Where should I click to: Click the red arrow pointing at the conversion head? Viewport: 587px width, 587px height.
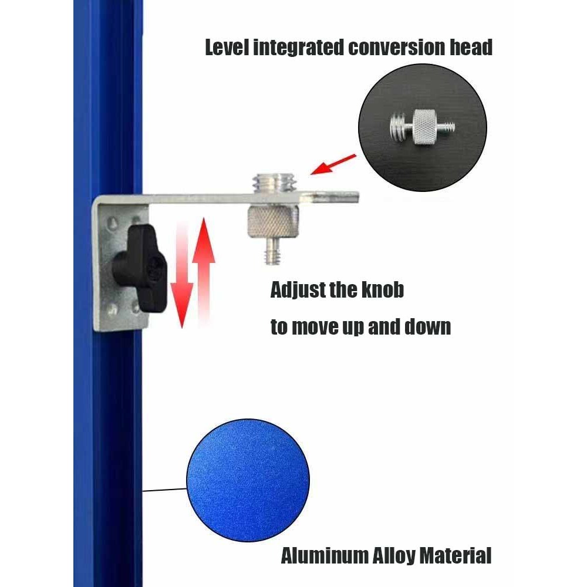pos(333,164)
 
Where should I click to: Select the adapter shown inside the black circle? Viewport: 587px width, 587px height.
pos(422,127)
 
